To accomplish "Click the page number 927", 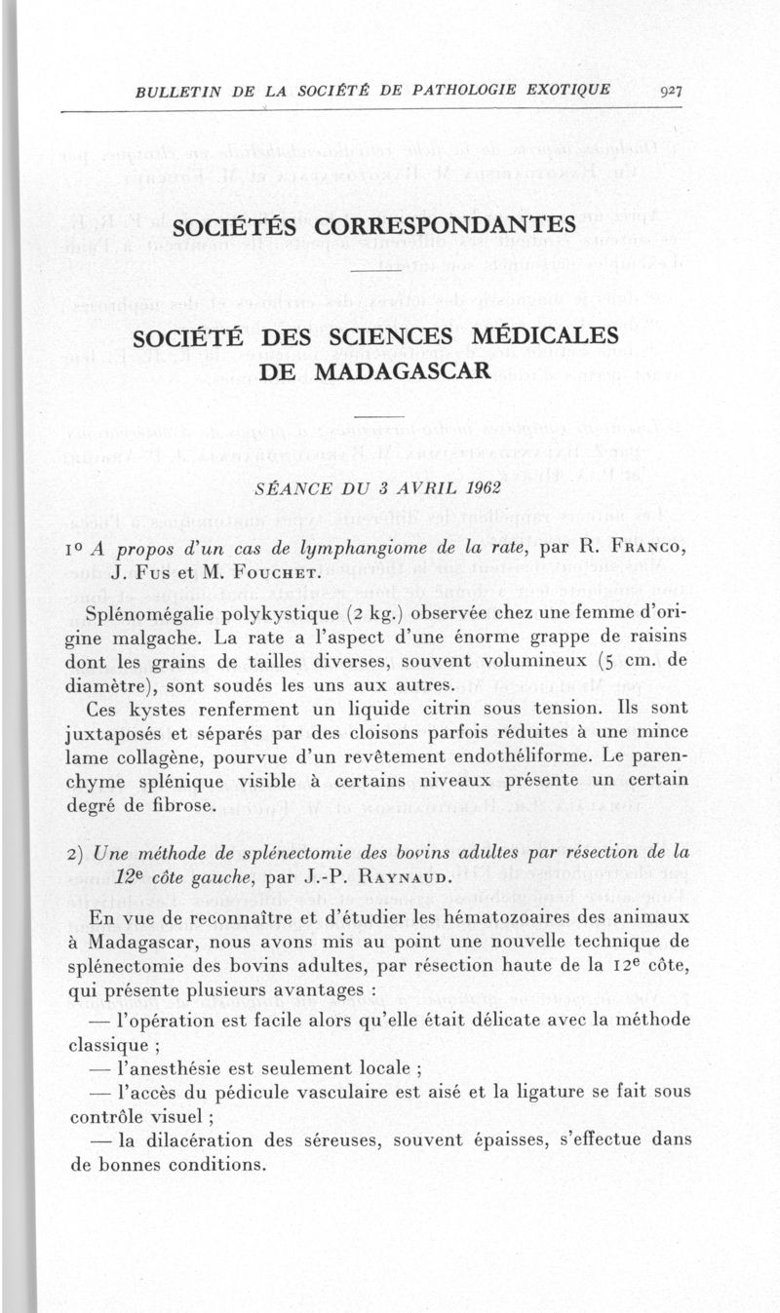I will pyautogui.click(x=670, y=92).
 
